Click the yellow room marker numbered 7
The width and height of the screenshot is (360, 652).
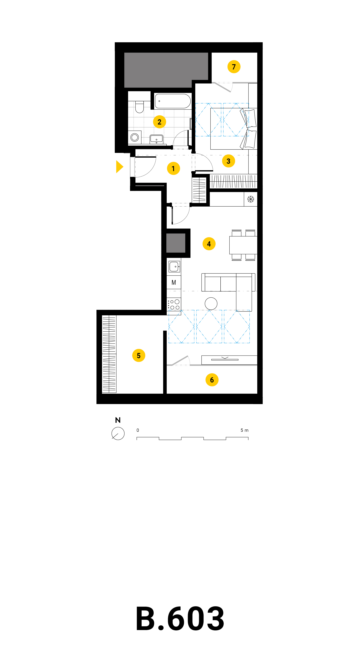pos(234,67)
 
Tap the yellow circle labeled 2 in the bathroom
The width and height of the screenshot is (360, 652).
pos(160,122)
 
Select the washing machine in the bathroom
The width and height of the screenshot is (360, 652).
pos(135,137)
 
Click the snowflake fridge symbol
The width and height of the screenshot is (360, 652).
pos(251,199)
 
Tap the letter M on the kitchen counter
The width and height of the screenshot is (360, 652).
pos(174,282)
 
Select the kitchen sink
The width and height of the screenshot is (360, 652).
pos(174,266)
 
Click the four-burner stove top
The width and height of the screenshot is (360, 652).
pos(174,304)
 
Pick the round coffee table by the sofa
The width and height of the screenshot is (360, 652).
pos(211,304)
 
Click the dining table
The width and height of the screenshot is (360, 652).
pos(243,245)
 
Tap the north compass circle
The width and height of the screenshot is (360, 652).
pos(118,433)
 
